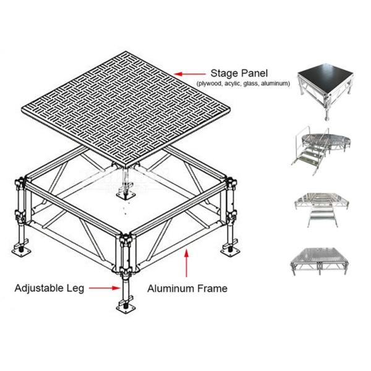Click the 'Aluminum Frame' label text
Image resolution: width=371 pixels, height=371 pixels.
click(187, 288)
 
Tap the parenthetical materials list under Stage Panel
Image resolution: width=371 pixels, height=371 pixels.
click(243, 83)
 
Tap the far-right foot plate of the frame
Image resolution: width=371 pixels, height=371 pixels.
click(233, 250)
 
